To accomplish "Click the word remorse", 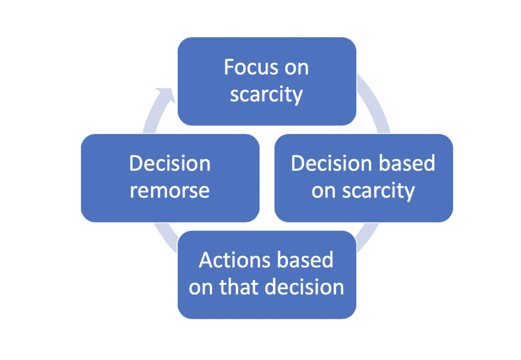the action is [169, 191].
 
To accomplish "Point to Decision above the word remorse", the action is [170, 163].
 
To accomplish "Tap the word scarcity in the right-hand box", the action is [379, 191].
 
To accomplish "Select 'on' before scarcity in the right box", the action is [324, 193].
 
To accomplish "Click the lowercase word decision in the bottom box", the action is [311, 287].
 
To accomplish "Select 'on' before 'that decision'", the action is [200, 289].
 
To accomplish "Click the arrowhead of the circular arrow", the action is [166, 95].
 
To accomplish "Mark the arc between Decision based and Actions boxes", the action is [367, 236].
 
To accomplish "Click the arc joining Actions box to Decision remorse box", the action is [166, 237].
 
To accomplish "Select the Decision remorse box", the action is [170, 178].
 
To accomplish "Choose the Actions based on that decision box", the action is [267, 275].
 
